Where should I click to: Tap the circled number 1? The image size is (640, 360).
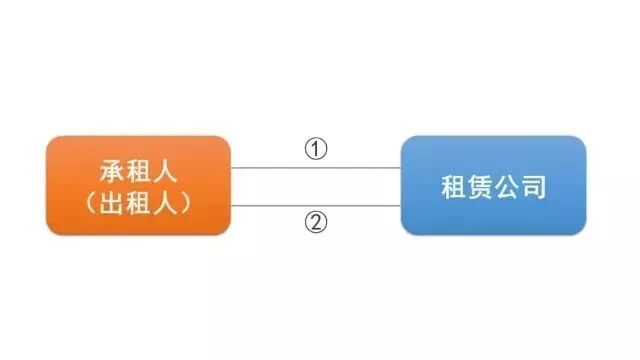(x=316, y=150)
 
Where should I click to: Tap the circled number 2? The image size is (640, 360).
(x=316, y=221)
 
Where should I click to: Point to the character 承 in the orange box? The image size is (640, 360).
(x=112, y=171)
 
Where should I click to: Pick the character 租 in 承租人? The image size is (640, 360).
(x=138, y=171)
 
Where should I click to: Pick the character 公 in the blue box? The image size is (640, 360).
(x=506, y=187)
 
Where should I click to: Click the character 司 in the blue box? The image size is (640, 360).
(x=533, y=187)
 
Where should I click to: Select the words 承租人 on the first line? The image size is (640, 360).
(x=138, y=171)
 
